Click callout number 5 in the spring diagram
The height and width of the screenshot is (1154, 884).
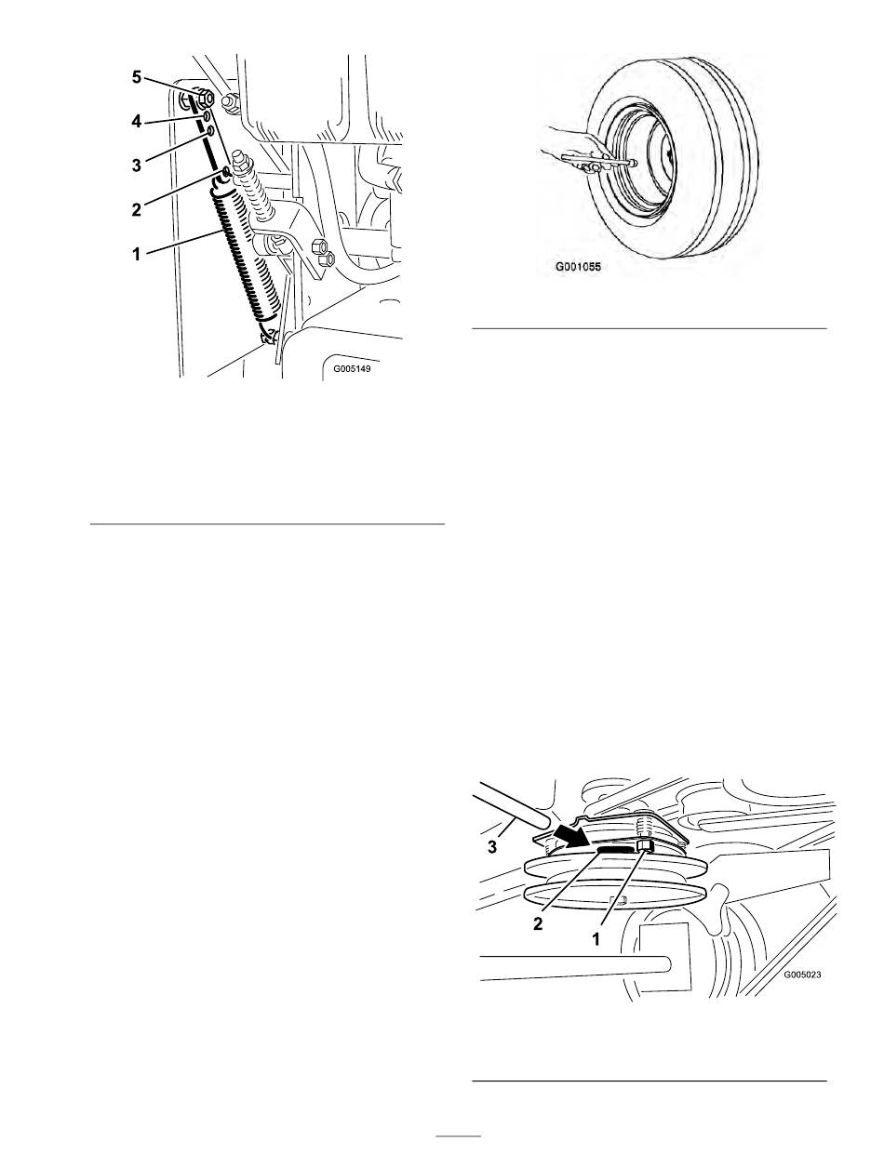tap(137, 77)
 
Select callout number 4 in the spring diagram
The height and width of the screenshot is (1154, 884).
tap(137, 122)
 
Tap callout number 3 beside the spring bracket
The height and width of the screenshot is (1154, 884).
tap(137, 166)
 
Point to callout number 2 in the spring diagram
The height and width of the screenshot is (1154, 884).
tap(137, 209)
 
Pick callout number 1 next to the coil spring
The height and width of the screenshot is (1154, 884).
tap(137, 255)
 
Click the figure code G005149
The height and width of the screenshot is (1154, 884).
tap(353, 368)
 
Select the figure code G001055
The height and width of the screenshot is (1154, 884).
tap(578, 267)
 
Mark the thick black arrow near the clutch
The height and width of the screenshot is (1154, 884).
tap(570, 838)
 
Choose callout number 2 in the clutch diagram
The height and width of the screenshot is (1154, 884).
tap(538, 923)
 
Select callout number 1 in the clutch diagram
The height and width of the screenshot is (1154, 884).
tap(596, 939)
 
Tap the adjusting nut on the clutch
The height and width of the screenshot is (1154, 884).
tap(645, 844)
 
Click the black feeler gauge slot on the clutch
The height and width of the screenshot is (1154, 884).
tap(616, 850)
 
